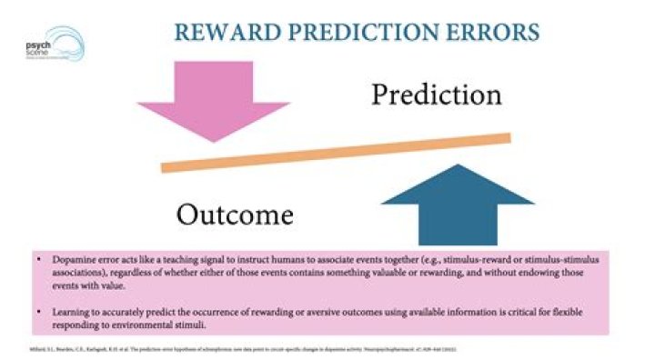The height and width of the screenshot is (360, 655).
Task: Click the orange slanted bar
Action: (x=336, y=151)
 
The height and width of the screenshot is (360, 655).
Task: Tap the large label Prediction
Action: (x=436, y=94)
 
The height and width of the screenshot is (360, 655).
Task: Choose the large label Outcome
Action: (x=235, y=215)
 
